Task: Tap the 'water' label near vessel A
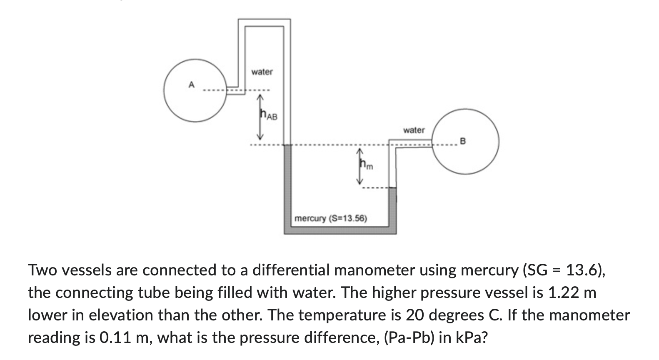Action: (x=262, y=72)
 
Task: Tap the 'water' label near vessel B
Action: (x=414, y=130)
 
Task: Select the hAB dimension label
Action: (x=269, y=115)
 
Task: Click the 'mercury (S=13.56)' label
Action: (x=330, y=218)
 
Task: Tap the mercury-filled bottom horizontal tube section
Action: (x=339, y=230)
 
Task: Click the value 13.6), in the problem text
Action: (x=583, y=270)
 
